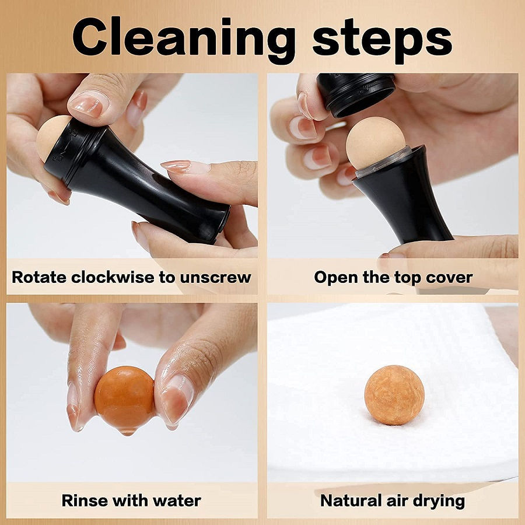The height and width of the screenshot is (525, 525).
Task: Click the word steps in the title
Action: click(382, 38)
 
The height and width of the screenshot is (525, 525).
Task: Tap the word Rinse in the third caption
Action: click(87, 500)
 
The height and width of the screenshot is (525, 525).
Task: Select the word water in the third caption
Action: click(176, 500)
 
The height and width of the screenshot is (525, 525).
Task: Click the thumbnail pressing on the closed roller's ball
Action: click(89, 104)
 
